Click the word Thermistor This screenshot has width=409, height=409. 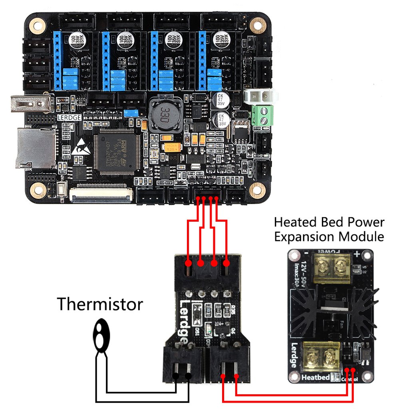[x=99, y=304]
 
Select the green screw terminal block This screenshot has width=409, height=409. [x=262, y=115]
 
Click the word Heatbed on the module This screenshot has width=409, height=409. [x=316, y=377]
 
